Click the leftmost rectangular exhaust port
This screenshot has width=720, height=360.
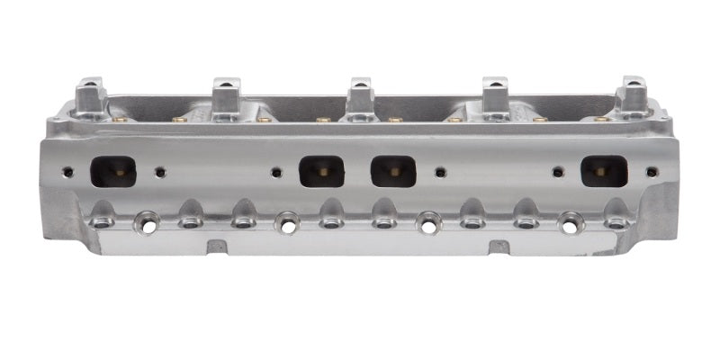point(113,171)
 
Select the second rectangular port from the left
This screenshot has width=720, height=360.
point(321,171)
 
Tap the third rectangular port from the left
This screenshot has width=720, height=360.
point(393,171)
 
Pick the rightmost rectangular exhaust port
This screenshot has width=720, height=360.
point(604,171)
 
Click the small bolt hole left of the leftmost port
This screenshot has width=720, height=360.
point(67,170)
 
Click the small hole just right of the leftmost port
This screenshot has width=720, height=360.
point(160,171)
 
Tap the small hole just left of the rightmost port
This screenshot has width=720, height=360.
point(558,171)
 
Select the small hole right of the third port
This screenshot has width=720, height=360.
point(440,171)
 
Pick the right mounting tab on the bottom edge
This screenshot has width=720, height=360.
point(499,246)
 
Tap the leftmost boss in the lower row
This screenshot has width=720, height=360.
point(102,218)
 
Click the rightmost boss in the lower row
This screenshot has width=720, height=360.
point(616,218)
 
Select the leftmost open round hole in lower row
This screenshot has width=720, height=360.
point(146,221)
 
